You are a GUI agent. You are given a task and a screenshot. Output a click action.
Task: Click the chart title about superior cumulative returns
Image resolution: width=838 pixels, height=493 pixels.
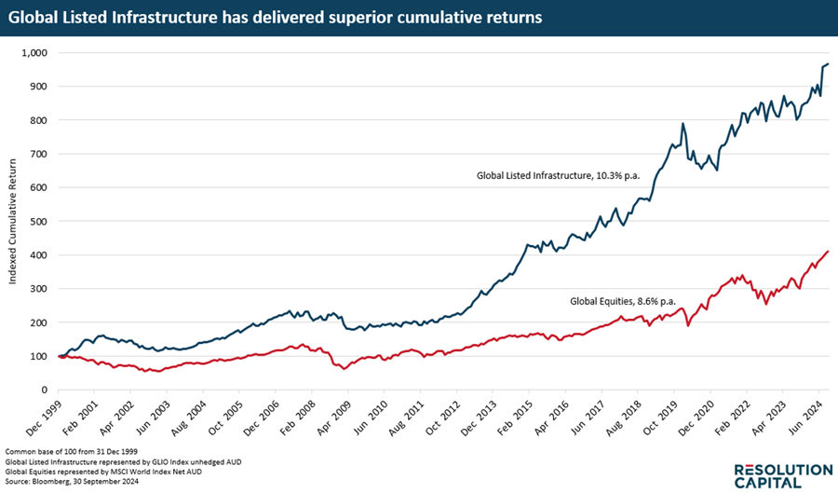[x=276, y=18]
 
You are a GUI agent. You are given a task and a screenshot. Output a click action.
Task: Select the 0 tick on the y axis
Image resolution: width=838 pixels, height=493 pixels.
[x=46, y=390]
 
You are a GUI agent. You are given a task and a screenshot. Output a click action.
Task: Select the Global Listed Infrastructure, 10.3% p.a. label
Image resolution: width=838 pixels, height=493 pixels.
[x=556, y=174]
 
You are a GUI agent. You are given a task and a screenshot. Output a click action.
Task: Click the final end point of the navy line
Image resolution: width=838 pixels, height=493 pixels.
[x=828, y=64]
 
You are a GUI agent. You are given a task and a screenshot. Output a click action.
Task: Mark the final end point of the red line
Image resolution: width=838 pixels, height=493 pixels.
[x=828, y=252]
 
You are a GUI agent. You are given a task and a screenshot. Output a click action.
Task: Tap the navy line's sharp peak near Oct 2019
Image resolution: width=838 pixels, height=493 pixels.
[x=683, y=123]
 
